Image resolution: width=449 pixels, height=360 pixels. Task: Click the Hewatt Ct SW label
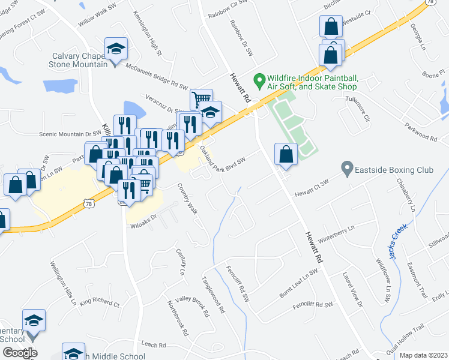pos(312,188)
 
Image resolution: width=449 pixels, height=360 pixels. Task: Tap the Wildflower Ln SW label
pos(382,278)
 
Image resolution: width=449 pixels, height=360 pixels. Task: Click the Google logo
pos(19,352)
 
